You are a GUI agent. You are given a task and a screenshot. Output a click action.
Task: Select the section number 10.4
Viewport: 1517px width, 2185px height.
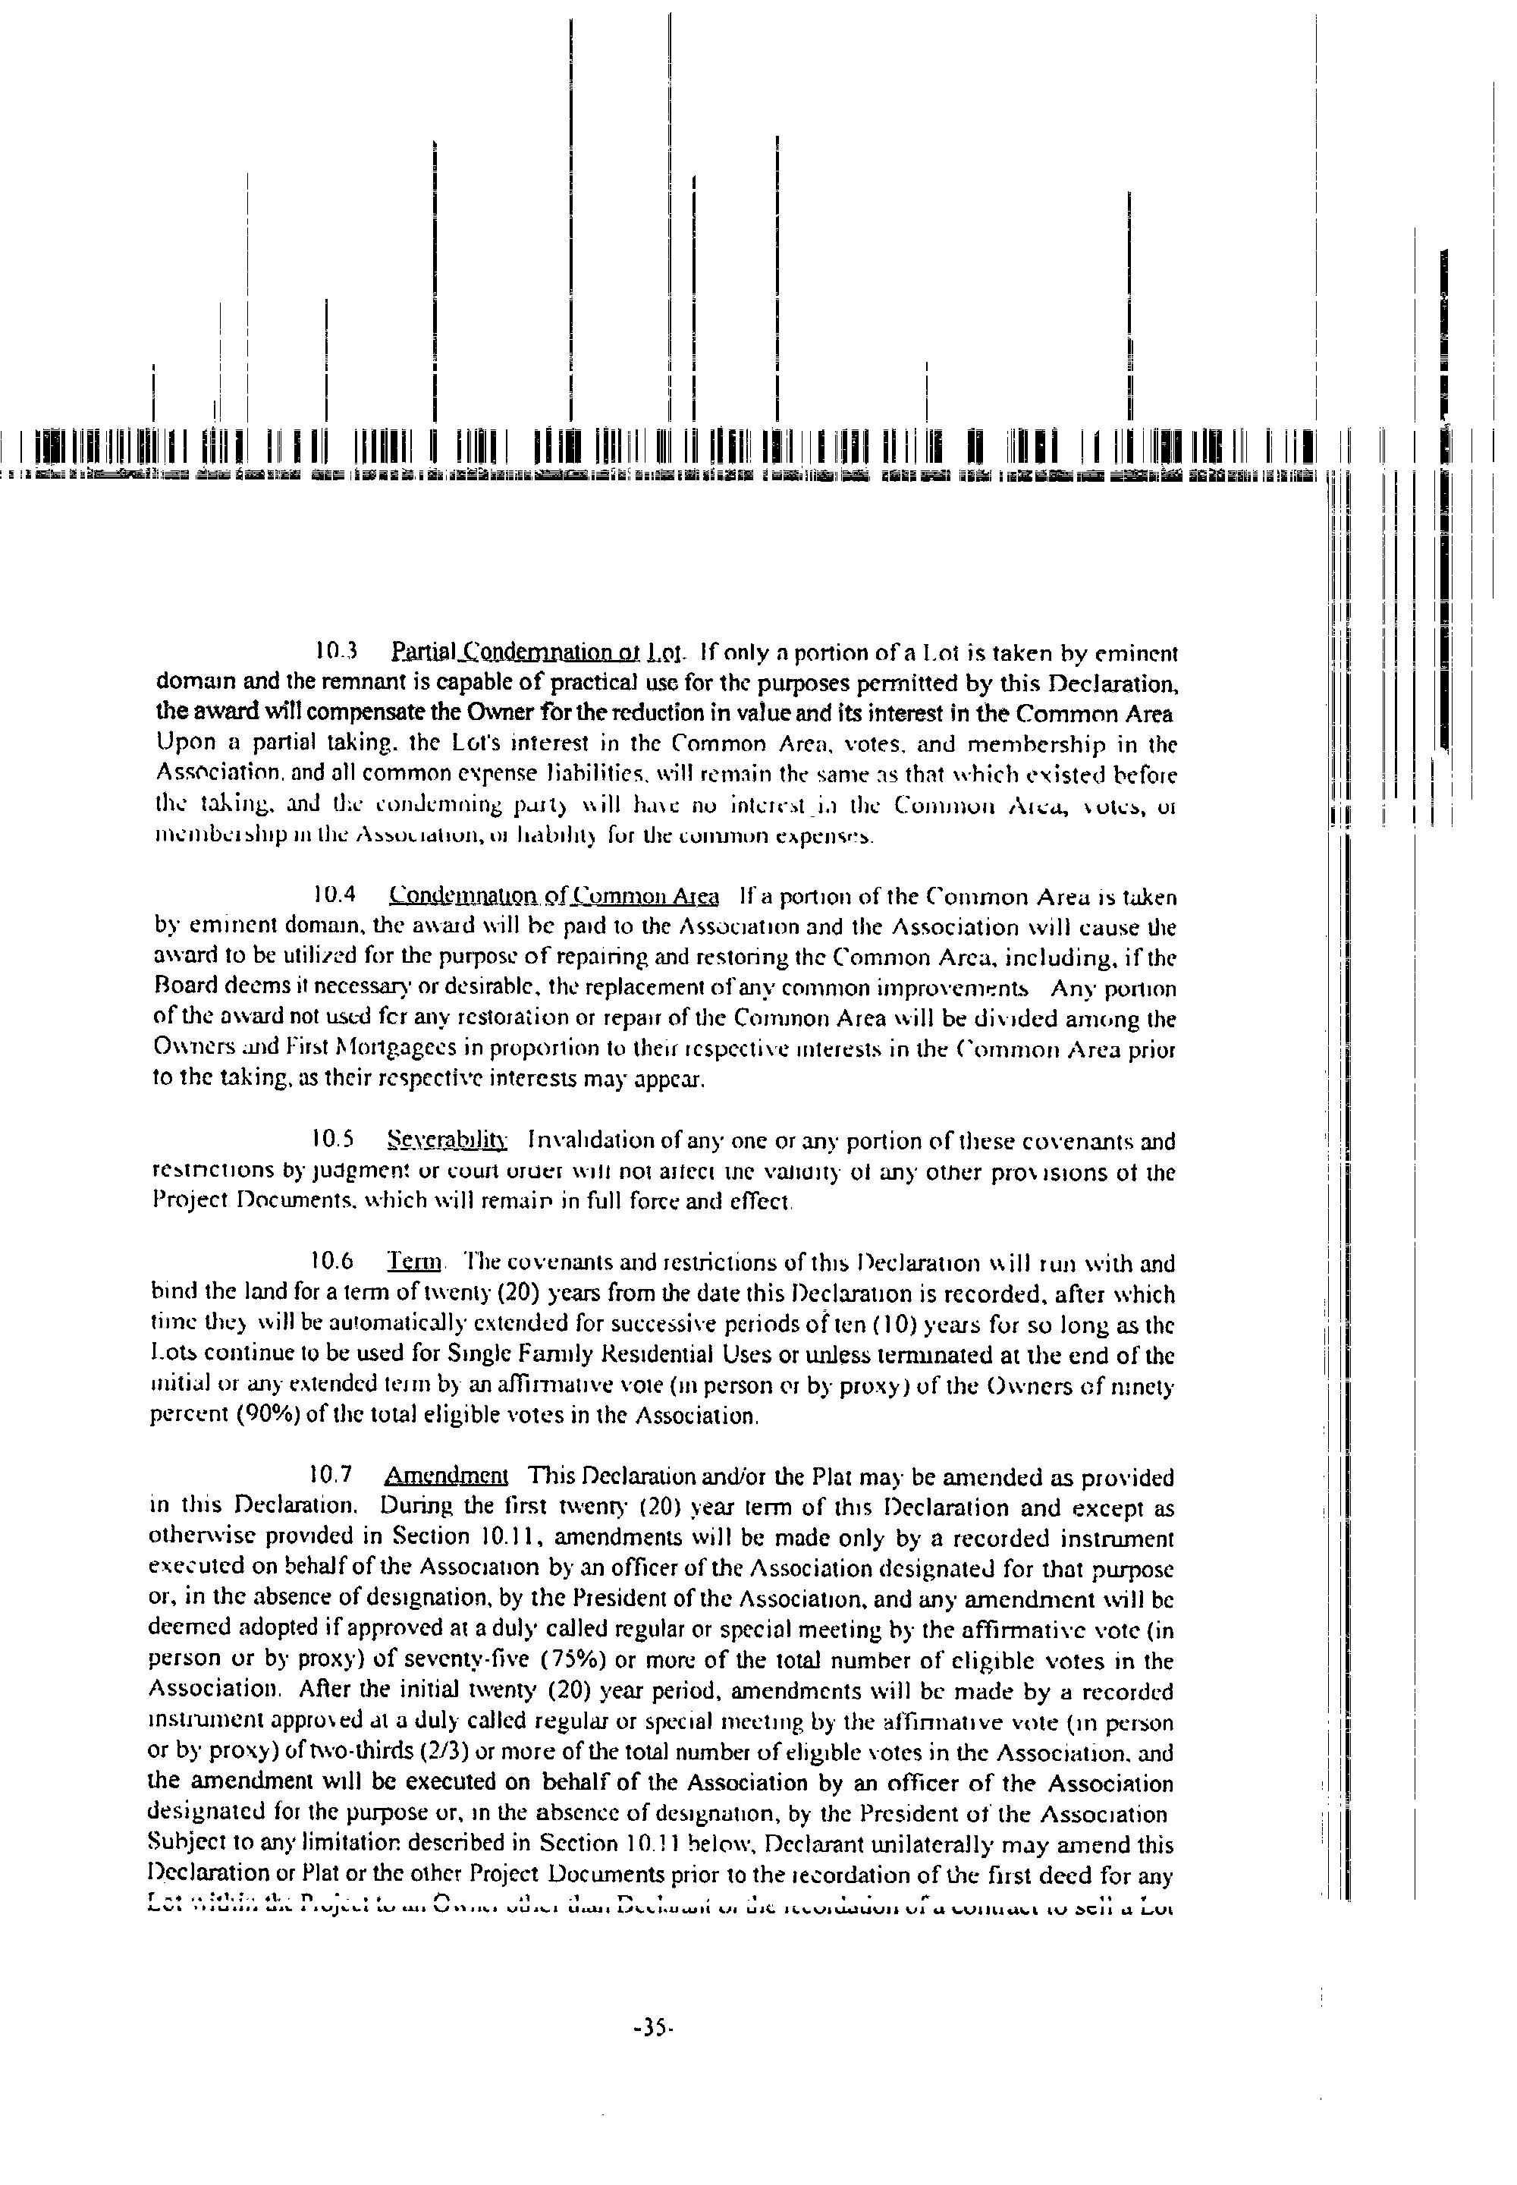click(334, 896)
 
